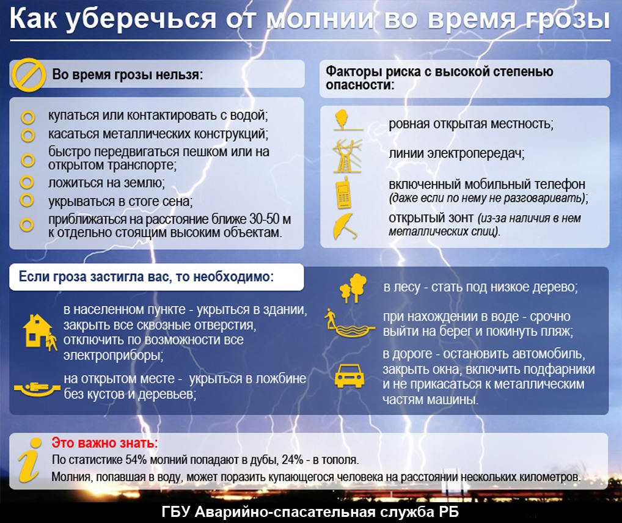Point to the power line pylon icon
tap(348, 156)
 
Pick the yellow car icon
tap(349, 375)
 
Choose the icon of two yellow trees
tap(353, 288)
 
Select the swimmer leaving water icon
tap(349, 323)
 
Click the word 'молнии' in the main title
tap(320, 19)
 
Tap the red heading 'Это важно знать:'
tap(104, 443)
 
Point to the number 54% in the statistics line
tap(136, 460)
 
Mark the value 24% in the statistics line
tap(293, 460)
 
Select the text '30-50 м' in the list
tap(270, 219)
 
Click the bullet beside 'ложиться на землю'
tap(26, 183)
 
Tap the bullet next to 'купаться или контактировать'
tap(27, 117)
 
